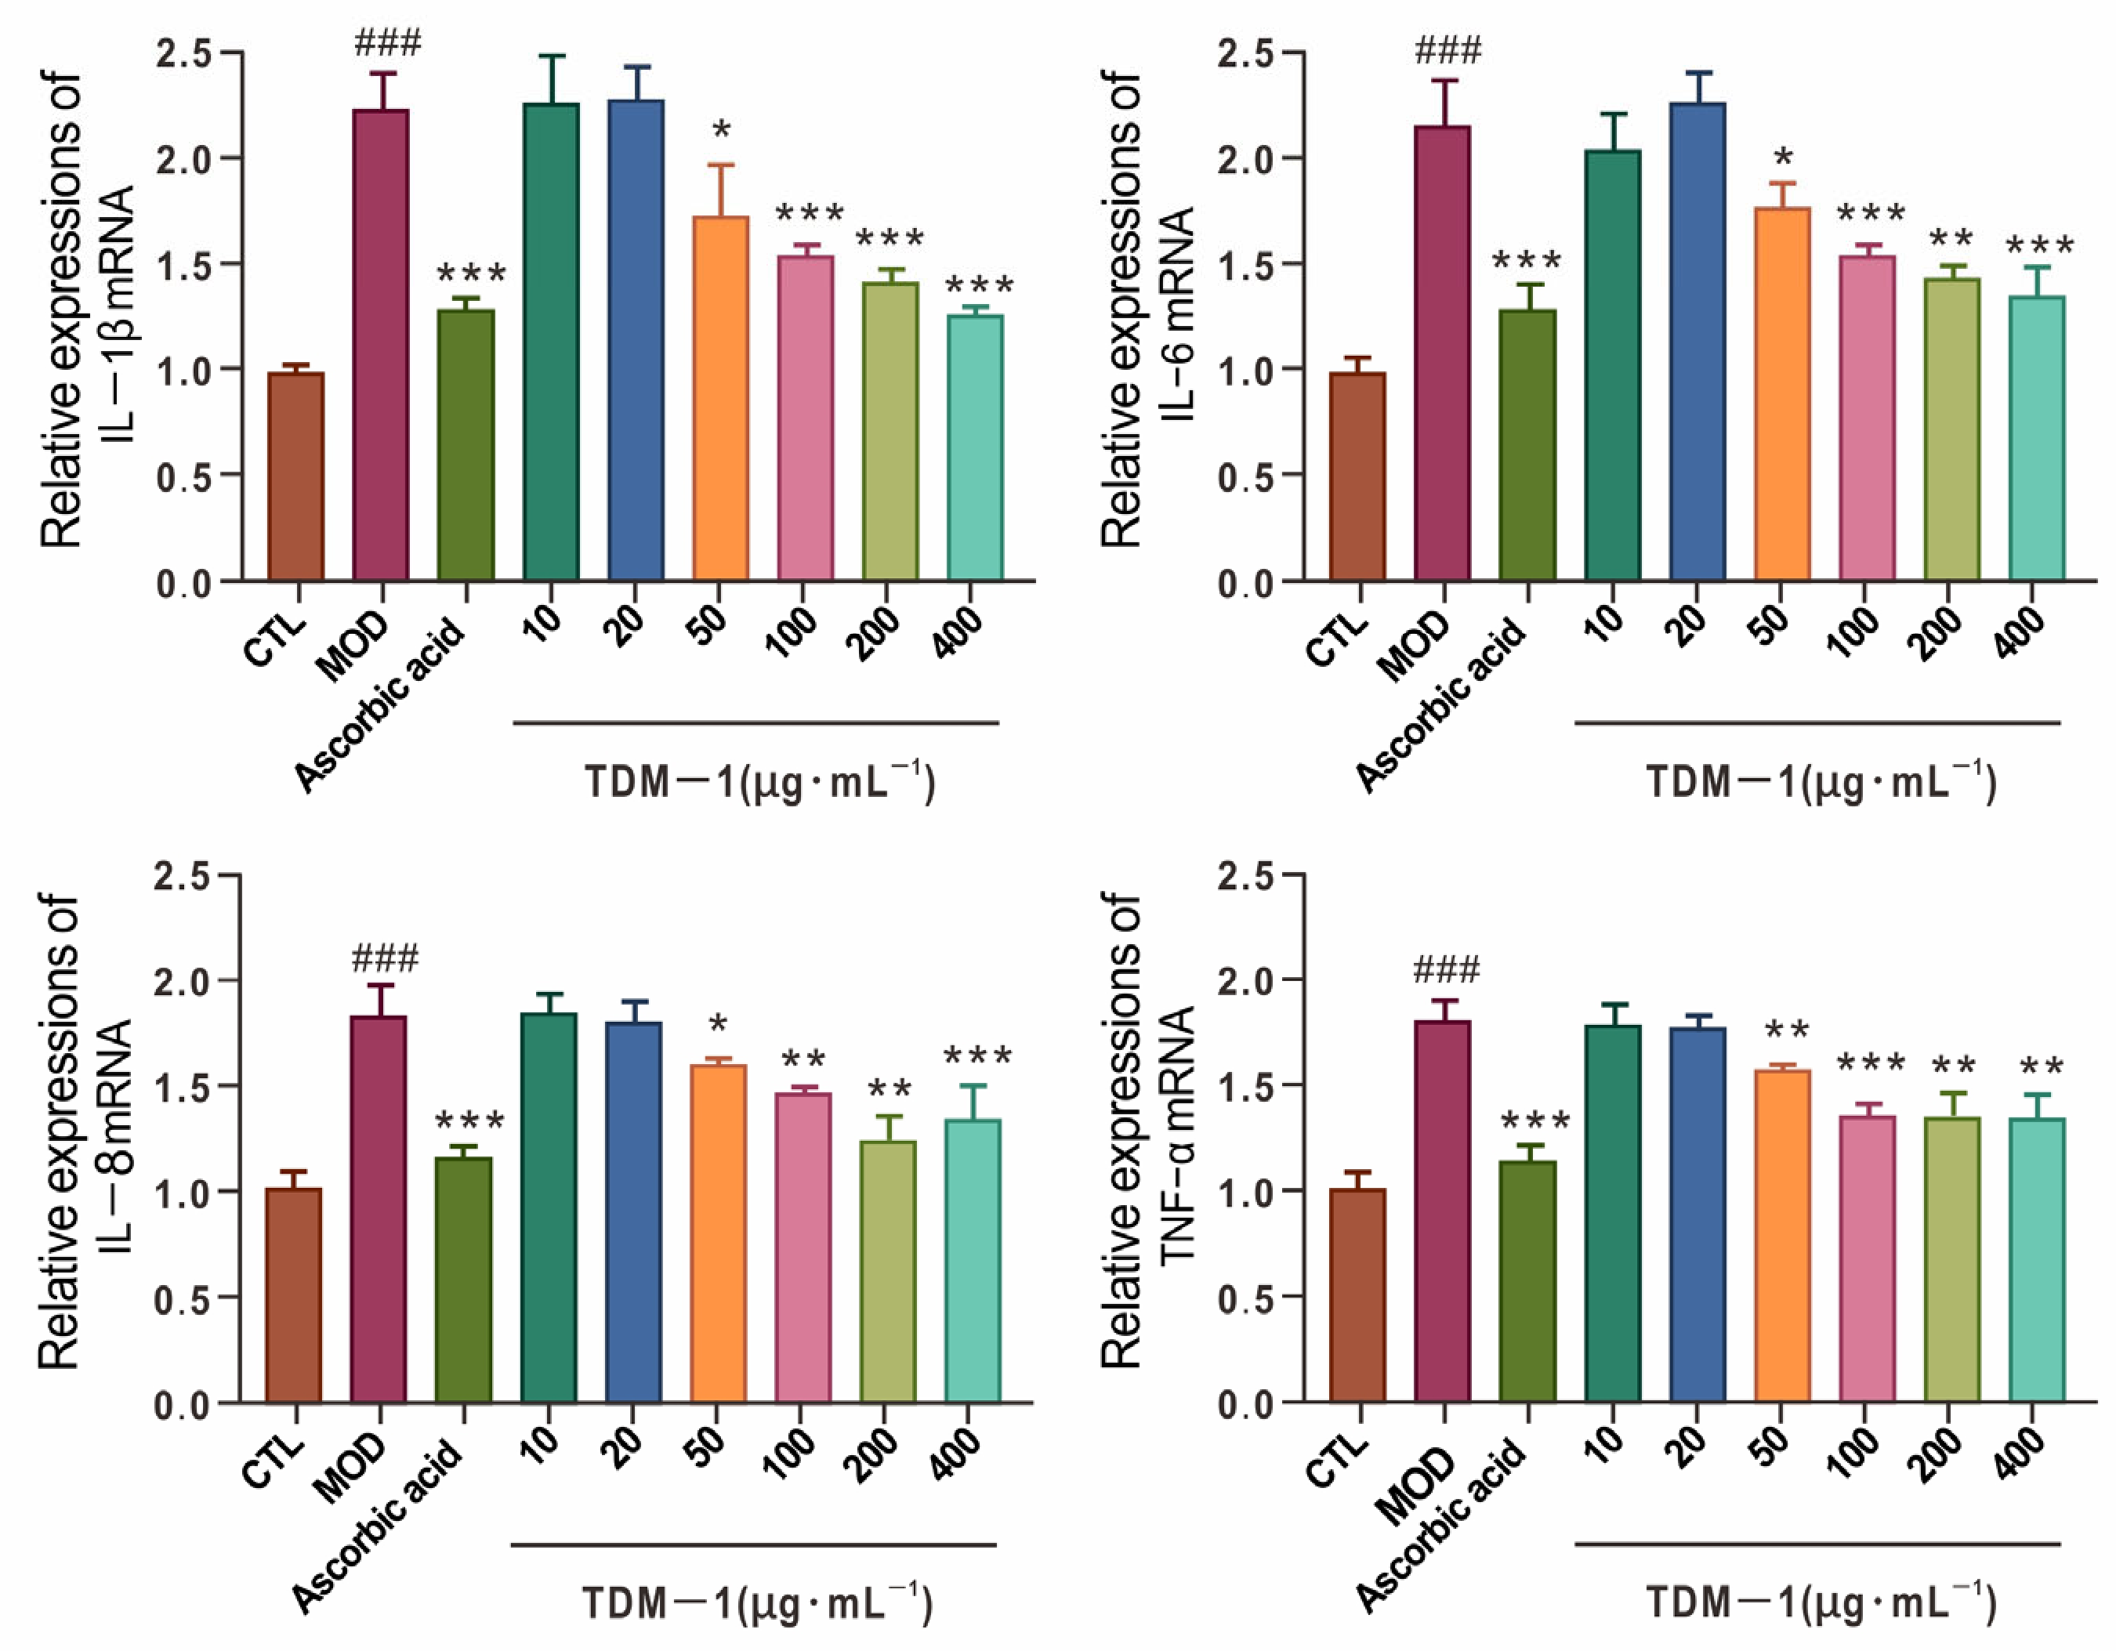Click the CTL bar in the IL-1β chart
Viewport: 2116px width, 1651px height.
pyautogui.click(x=296, y=476)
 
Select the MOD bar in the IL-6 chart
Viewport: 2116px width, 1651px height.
pyautogui.click(x=1442, y=353)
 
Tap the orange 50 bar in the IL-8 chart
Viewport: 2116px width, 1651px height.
pyautogui.click(x=718, y=1233)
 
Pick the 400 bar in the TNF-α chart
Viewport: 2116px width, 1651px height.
pyautogui.click(x=2037, y=1259)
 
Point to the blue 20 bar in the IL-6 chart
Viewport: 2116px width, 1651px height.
pyautogui.click(x=1698, y=341)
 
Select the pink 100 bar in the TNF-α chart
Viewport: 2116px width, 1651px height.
pyautogui.click(x=1866, y=1258)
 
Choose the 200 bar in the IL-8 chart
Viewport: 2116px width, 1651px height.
pyautogui.click(x=887, y=1271)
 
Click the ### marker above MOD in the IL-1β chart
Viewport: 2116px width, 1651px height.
pyautogui.click(x=388, y=44)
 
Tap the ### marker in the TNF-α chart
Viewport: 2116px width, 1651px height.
pyautogui.click(x=1447, y=969)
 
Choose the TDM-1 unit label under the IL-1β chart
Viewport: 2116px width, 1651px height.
pyautogui.click(x=759, y=782)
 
